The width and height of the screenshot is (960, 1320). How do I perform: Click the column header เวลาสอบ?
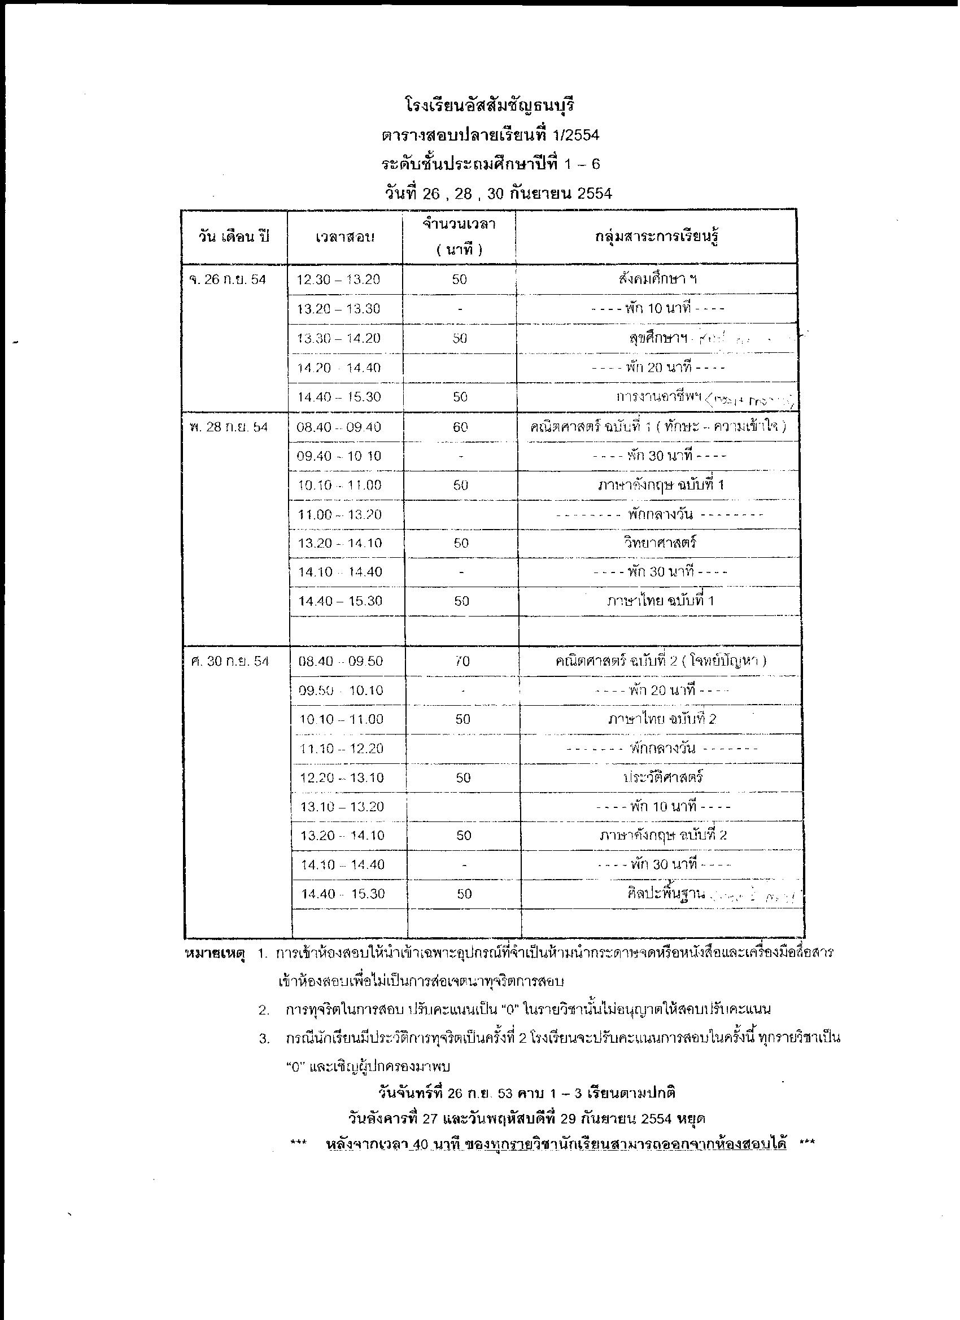pyautogui.click(x=345, y=237)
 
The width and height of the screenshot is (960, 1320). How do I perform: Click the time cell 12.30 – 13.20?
pyautogui.click(x=338, y=280)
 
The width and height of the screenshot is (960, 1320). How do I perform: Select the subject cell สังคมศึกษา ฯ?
pyautogui.click(x=658, y=279)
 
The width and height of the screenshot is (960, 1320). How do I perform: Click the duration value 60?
pyautogui.click(x=460, y=427)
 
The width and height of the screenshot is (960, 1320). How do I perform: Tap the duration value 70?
pyautogui.click(x=463, y=661)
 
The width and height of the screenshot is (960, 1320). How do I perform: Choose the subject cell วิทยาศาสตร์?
pyautogui.click(x=660, y=543)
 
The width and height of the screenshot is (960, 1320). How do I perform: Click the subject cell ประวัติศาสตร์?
pyautogui.click(x=663, y=777)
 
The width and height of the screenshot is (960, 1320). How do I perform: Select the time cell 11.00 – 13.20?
pyautogui.click(x=340, y=514)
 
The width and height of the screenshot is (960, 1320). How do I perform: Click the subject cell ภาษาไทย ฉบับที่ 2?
pyautogui.click(x=662, y=719)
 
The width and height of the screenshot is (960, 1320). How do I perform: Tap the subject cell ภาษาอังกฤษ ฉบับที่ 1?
pyautogui.click(x=661, y=485)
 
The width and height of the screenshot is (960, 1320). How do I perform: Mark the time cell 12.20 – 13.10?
pyautogui.click(x=342, y=777)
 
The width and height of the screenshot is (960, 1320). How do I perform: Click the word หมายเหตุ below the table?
pyautogui.click(x=213, y=954)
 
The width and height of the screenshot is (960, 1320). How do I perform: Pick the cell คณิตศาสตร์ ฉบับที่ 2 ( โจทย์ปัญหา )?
pyautogui.click(x=661, y=661)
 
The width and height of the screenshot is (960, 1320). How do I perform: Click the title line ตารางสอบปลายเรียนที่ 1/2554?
pyautogui.click(x=490, y=135)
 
